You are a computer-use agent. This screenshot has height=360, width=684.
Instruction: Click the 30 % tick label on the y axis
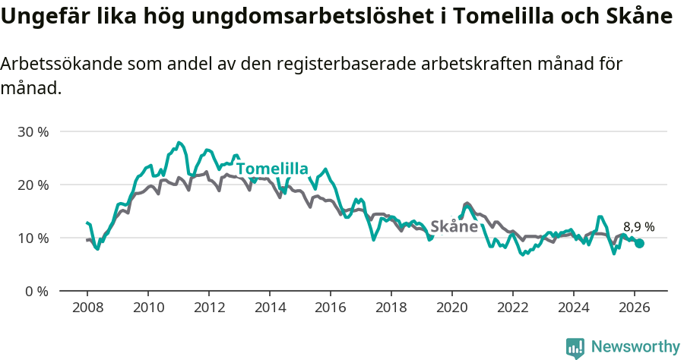pyautogui.click(x=33, y=131)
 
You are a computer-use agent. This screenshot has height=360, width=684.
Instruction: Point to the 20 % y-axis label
pyautogui.click(x=33, y=185)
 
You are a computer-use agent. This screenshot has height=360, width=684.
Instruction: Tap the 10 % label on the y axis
pyautogui.click(x=33, y=238)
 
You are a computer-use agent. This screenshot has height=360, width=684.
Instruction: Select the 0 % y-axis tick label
pyautogui.click(x=36, y=291)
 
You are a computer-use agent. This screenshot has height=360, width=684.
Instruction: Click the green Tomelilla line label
pyautogui.click(x=271, y=169)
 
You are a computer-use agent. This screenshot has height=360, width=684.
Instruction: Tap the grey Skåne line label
pyautogui.click(x=454, y=226)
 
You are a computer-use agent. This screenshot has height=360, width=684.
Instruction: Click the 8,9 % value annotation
pyautogui.click(x=638, y=226)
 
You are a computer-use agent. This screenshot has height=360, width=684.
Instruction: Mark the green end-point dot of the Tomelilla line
pyautogui.click(x=640, y=243)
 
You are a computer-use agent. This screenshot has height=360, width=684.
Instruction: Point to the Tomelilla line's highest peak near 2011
pyautogui.click(x=179, y=142)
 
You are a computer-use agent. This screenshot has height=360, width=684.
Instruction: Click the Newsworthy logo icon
pyautogui.click(x=575, y=348)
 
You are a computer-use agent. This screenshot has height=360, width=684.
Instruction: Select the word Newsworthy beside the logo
pyautogui.click(x=635, y=347)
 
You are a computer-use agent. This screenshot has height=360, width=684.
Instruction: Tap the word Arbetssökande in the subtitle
pyautogui.click(x=58, y=64)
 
